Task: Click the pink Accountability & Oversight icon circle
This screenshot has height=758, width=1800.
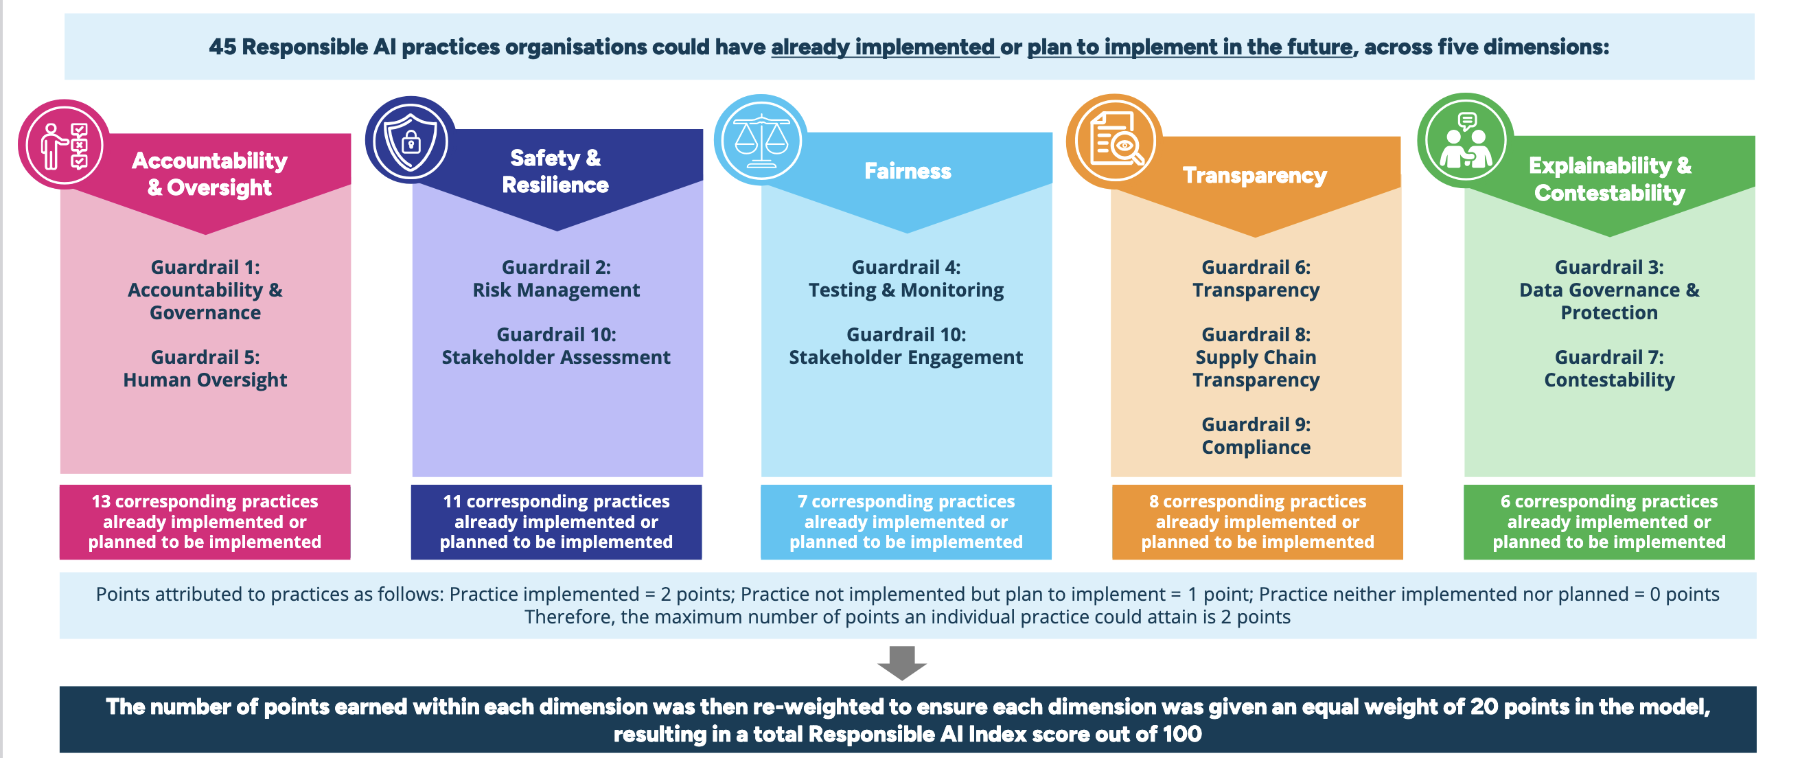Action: pyautogui.click(x=64, y=146)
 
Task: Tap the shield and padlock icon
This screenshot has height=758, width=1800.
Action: pyautogui.click(x=410, y=141)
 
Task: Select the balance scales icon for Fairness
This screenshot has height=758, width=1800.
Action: pyautogui.click(x=760, y=141)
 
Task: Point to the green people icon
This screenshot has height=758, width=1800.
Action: pyautogui.click(x=1465, y=141)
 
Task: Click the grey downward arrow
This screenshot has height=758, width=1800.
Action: pyautogui.click(x=901, y=663)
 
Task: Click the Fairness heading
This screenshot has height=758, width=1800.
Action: pyautogui.click(x=907, y=171)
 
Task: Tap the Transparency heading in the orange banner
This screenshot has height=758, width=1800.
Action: pyautogui.click(x=1254, y=175)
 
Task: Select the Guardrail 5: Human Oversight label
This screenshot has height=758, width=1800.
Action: pyautogui.click(x=205, y=369)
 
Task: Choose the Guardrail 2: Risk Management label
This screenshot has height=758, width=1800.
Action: pyautogui.click(x=555, y=279)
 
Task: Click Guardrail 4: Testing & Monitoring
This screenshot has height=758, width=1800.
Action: pyautogui.click(x=905, y=279)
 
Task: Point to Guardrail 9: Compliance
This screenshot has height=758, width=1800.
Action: pyautogui.click(x=1256, y=436)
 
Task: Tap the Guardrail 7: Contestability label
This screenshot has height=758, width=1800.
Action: pyautogui.click(x=1608, y=369)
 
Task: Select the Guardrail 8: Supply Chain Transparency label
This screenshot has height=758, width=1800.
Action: pyautogui.click(x=1256, y=357)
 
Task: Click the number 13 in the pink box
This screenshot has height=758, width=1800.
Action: pyautogui.click(x=101, y=502)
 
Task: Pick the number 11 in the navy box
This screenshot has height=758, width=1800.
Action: pyautogui.click(x=452, y=502)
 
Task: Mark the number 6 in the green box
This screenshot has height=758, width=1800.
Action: pyautogui.click(x=1505, y=502)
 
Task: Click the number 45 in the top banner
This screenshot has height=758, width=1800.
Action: pyautogui.click(x=222, y=47)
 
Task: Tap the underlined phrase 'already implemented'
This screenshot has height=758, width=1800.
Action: pyautogui.click(x=884, y=47)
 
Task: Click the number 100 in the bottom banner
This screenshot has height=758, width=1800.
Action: pyautogui.click(x=1181, y=734)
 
